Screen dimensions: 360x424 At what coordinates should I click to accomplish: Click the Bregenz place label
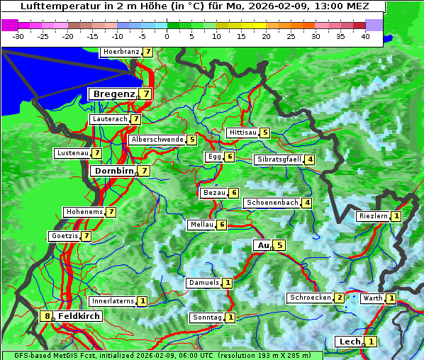(113, 94)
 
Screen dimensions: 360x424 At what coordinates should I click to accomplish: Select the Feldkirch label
(79, 316)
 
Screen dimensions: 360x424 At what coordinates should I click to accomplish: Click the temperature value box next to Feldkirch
(47, 316)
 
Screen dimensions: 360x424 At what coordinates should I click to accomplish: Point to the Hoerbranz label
(121, 52)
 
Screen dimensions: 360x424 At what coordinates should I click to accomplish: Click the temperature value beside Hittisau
(264, 133)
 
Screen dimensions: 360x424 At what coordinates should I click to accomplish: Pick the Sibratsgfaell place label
(279, 159)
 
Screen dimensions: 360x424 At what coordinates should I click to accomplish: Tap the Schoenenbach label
(272, 203)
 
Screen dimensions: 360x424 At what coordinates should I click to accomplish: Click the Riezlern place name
(373, 216)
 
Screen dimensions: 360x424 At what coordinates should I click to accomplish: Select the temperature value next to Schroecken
(340, 298)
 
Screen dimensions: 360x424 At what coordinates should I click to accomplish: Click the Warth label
(373, 298)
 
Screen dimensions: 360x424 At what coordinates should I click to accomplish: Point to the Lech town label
(350, 342)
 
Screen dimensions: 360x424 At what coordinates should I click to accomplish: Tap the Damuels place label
(203, 283)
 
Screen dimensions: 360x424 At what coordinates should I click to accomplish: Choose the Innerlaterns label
(113, 301)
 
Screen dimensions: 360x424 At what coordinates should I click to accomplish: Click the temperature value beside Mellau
(222, 225)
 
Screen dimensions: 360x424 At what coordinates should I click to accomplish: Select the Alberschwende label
(157, 140)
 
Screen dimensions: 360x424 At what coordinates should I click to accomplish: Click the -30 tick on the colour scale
(18, 35)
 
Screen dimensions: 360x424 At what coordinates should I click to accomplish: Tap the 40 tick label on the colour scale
(365, 35)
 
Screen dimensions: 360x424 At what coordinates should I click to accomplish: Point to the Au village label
(263, 245)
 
